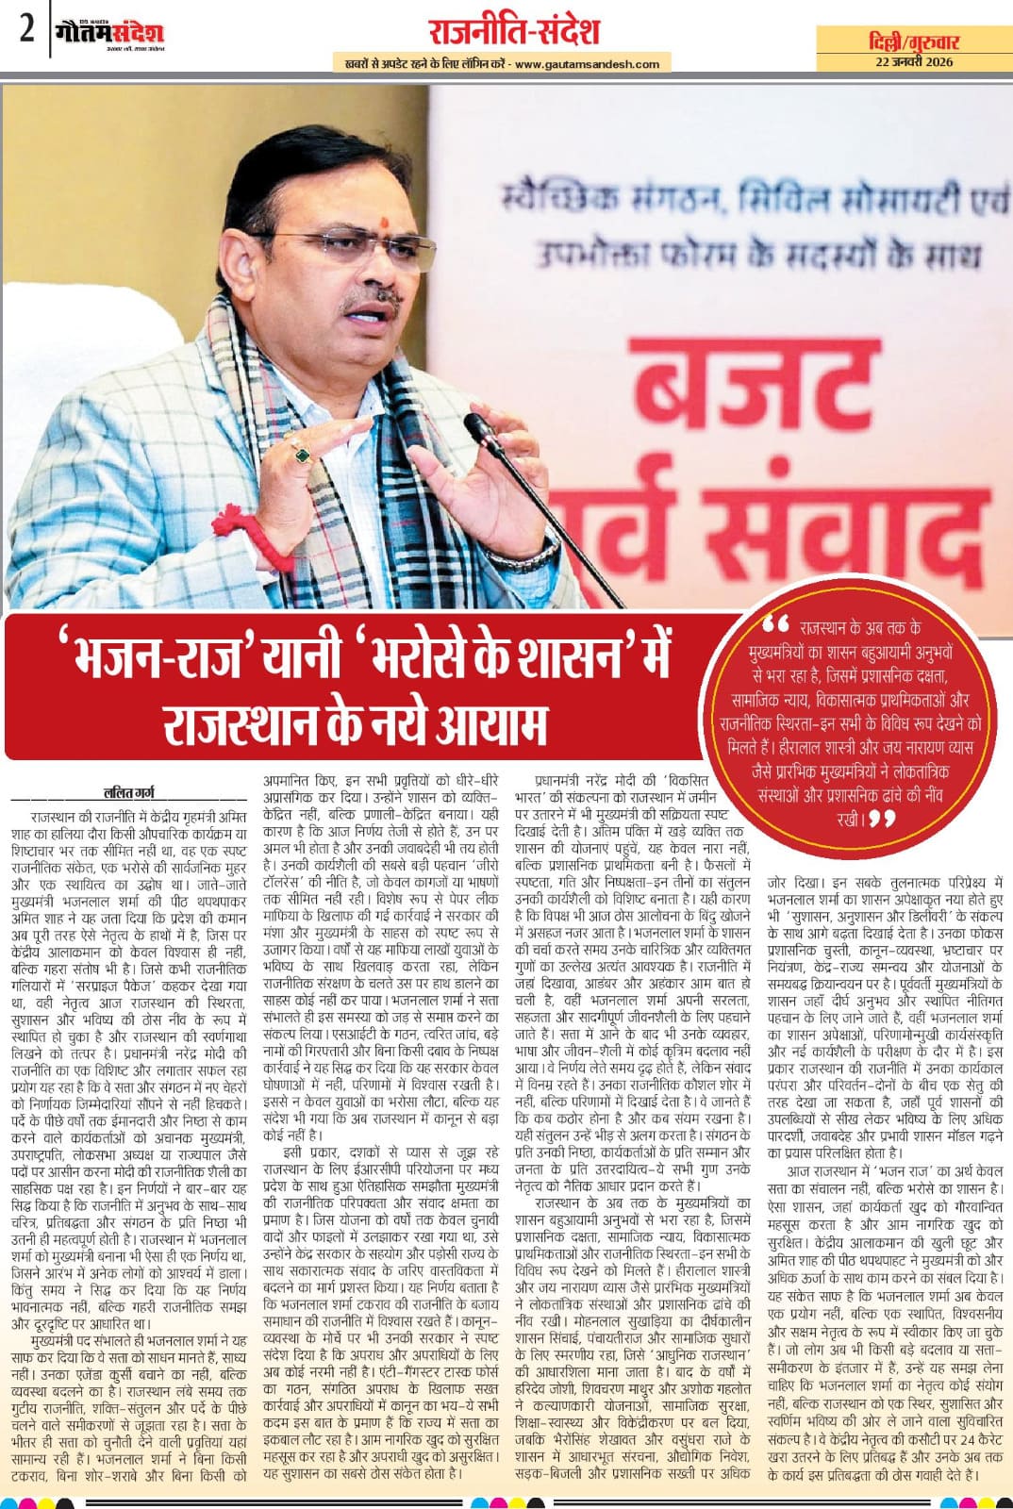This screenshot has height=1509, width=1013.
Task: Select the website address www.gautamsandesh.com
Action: point(588,64)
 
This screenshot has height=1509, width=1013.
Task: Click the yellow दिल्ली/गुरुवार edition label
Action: point(913,42)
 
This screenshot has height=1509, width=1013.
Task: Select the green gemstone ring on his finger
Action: point(302,456)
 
